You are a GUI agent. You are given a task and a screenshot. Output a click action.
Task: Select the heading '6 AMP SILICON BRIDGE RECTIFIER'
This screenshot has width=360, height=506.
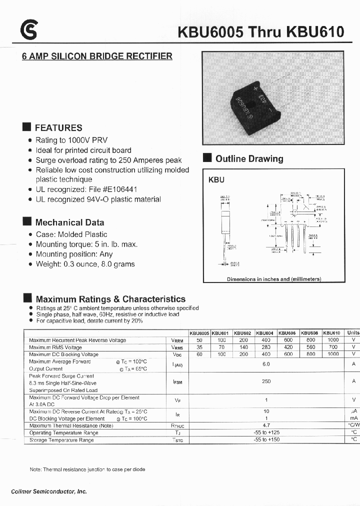[97, 56]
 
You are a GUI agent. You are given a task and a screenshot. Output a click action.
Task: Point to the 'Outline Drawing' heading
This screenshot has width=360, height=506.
[249, 159]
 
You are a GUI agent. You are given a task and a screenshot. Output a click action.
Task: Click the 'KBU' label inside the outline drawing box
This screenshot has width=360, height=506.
[216, 180]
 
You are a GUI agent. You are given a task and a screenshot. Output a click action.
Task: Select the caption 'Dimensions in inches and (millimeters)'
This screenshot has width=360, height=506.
[273, 279]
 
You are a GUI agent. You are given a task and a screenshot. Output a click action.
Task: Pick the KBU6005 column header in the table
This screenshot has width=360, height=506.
[199, 333]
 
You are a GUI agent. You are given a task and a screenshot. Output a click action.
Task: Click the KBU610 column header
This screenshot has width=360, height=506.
[331, 333]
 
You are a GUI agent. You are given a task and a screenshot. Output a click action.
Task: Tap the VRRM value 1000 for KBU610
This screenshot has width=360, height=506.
[332, 340]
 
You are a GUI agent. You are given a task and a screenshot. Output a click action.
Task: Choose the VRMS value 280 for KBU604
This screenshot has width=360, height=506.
[266, 347]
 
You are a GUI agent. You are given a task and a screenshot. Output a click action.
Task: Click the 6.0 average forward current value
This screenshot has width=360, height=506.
[266, 364]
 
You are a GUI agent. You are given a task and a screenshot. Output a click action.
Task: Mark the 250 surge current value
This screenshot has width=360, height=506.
[266, 381]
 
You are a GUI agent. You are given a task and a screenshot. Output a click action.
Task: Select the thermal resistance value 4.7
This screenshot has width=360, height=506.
[266, 425]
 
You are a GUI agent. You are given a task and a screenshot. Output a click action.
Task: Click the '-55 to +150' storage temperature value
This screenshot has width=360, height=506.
[266, 439]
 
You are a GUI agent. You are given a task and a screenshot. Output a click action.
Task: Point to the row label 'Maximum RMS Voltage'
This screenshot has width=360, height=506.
[55, 347]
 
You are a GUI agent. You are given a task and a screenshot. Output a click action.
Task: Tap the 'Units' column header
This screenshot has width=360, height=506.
[353, 333]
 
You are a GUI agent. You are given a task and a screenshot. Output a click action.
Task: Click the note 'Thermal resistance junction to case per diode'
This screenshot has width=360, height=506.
[87, 469]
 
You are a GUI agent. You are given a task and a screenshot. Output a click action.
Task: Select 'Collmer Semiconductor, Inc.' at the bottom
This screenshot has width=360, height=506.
[49, 491]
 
